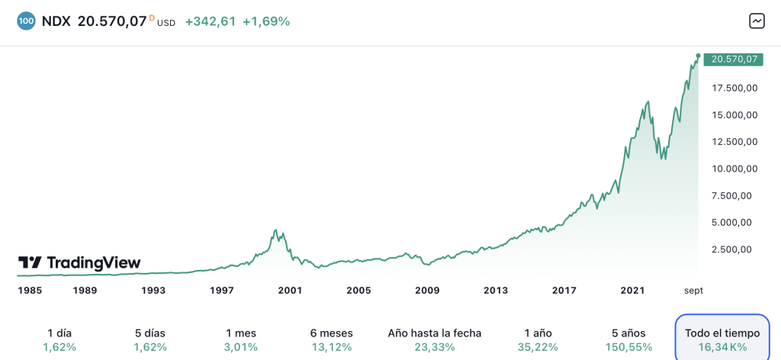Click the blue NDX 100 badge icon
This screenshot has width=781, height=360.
click(x=26, y=21)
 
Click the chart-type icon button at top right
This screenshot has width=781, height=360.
click(x=757, y=21)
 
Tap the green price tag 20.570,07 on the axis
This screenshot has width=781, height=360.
click(x=734, y=59)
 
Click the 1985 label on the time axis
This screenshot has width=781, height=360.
click(x=31, y=291)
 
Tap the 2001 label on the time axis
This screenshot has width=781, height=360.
click(x=290, y=291)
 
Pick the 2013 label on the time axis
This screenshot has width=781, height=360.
click(x=496, y=291)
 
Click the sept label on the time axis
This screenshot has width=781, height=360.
click(x=693, y=291)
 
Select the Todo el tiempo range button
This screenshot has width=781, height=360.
click(x=722, y=339)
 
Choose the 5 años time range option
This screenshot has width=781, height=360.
click(x=630, y=339)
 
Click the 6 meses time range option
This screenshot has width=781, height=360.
click(x=332, y=339)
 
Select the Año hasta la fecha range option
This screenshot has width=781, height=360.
click(x=435, y=339)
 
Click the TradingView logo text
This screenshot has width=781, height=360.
click(x=79, y=263)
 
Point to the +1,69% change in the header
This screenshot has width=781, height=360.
click(x=266, y=21)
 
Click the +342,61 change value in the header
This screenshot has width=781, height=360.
click(x=210, y=21)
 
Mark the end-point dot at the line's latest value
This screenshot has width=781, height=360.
click(x=698, y=56)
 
